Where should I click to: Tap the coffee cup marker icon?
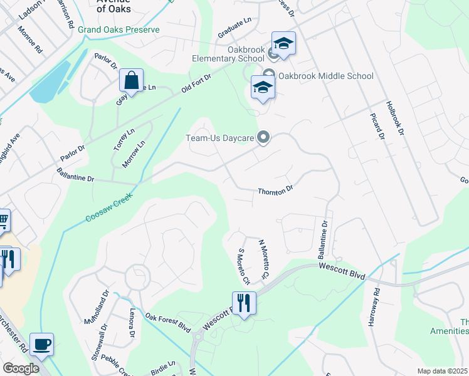tap(41, 344)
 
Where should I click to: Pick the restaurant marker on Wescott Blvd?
tap(244, 303)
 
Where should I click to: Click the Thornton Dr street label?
tap(275, 190)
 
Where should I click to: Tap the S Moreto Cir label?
tap(243, 266)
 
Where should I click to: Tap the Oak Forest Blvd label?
tap(168, 321)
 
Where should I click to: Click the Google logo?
tap(21, 368)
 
